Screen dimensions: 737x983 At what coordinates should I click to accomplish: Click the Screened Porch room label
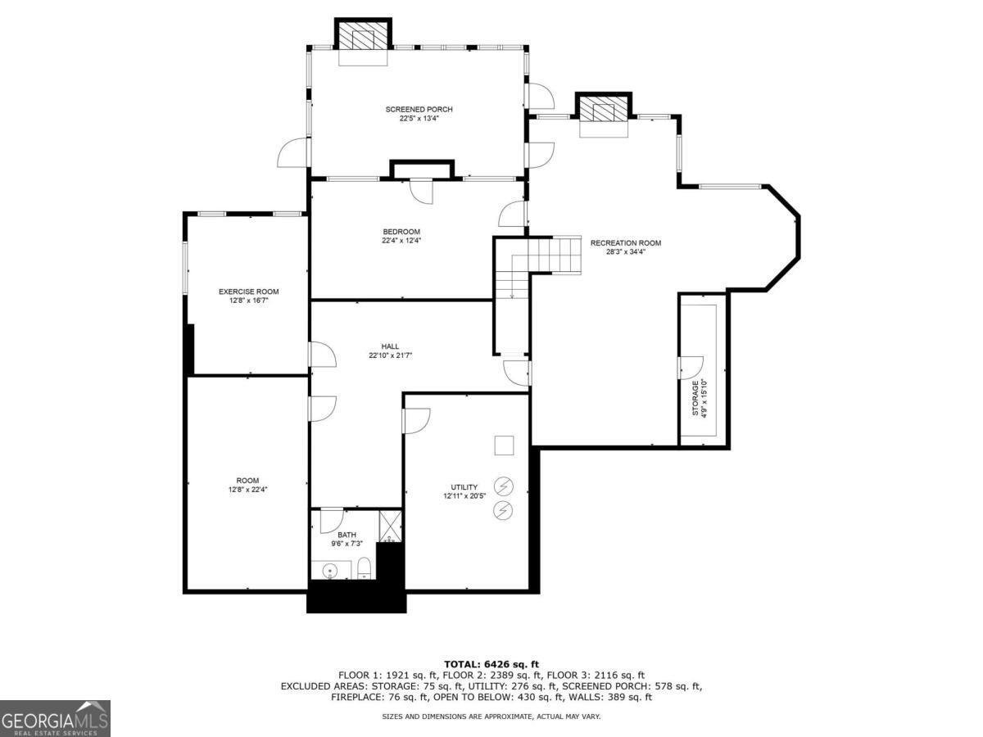tap(419, 109)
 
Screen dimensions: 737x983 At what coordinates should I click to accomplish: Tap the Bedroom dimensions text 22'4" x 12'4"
tap(401, 241)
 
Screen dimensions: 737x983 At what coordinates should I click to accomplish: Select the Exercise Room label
tap(248, 292)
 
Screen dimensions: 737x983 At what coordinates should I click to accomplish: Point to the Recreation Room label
tap(625, 243)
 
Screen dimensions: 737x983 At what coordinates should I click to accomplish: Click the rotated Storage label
tap(695, 398)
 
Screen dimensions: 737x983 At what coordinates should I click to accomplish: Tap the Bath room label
tap(347, 535)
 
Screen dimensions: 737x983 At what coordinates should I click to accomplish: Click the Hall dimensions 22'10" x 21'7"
tap(390, 355)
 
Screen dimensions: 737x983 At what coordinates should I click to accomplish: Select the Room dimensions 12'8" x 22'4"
tap(248, 490)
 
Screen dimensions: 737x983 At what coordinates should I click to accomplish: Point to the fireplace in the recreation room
tap(604, 111)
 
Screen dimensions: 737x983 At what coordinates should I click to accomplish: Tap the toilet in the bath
tap(365, 568)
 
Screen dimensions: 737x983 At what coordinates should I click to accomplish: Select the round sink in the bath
tap(331, 570)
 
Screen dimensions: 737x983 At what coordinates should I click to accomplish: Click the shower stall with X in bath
tap(390, 526)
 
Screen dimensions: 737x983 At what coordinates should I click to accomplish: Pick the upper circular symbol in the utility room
tap(503, 486)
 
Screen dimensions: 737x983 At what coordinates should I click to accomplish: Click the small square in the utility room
tap(504, 445)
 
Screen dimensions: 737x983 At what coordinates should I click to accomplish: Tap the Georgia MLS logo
tap(55, 718)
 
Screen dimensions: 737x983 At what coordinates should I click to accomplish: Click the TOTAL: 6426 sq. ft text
tap(491, 664)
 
